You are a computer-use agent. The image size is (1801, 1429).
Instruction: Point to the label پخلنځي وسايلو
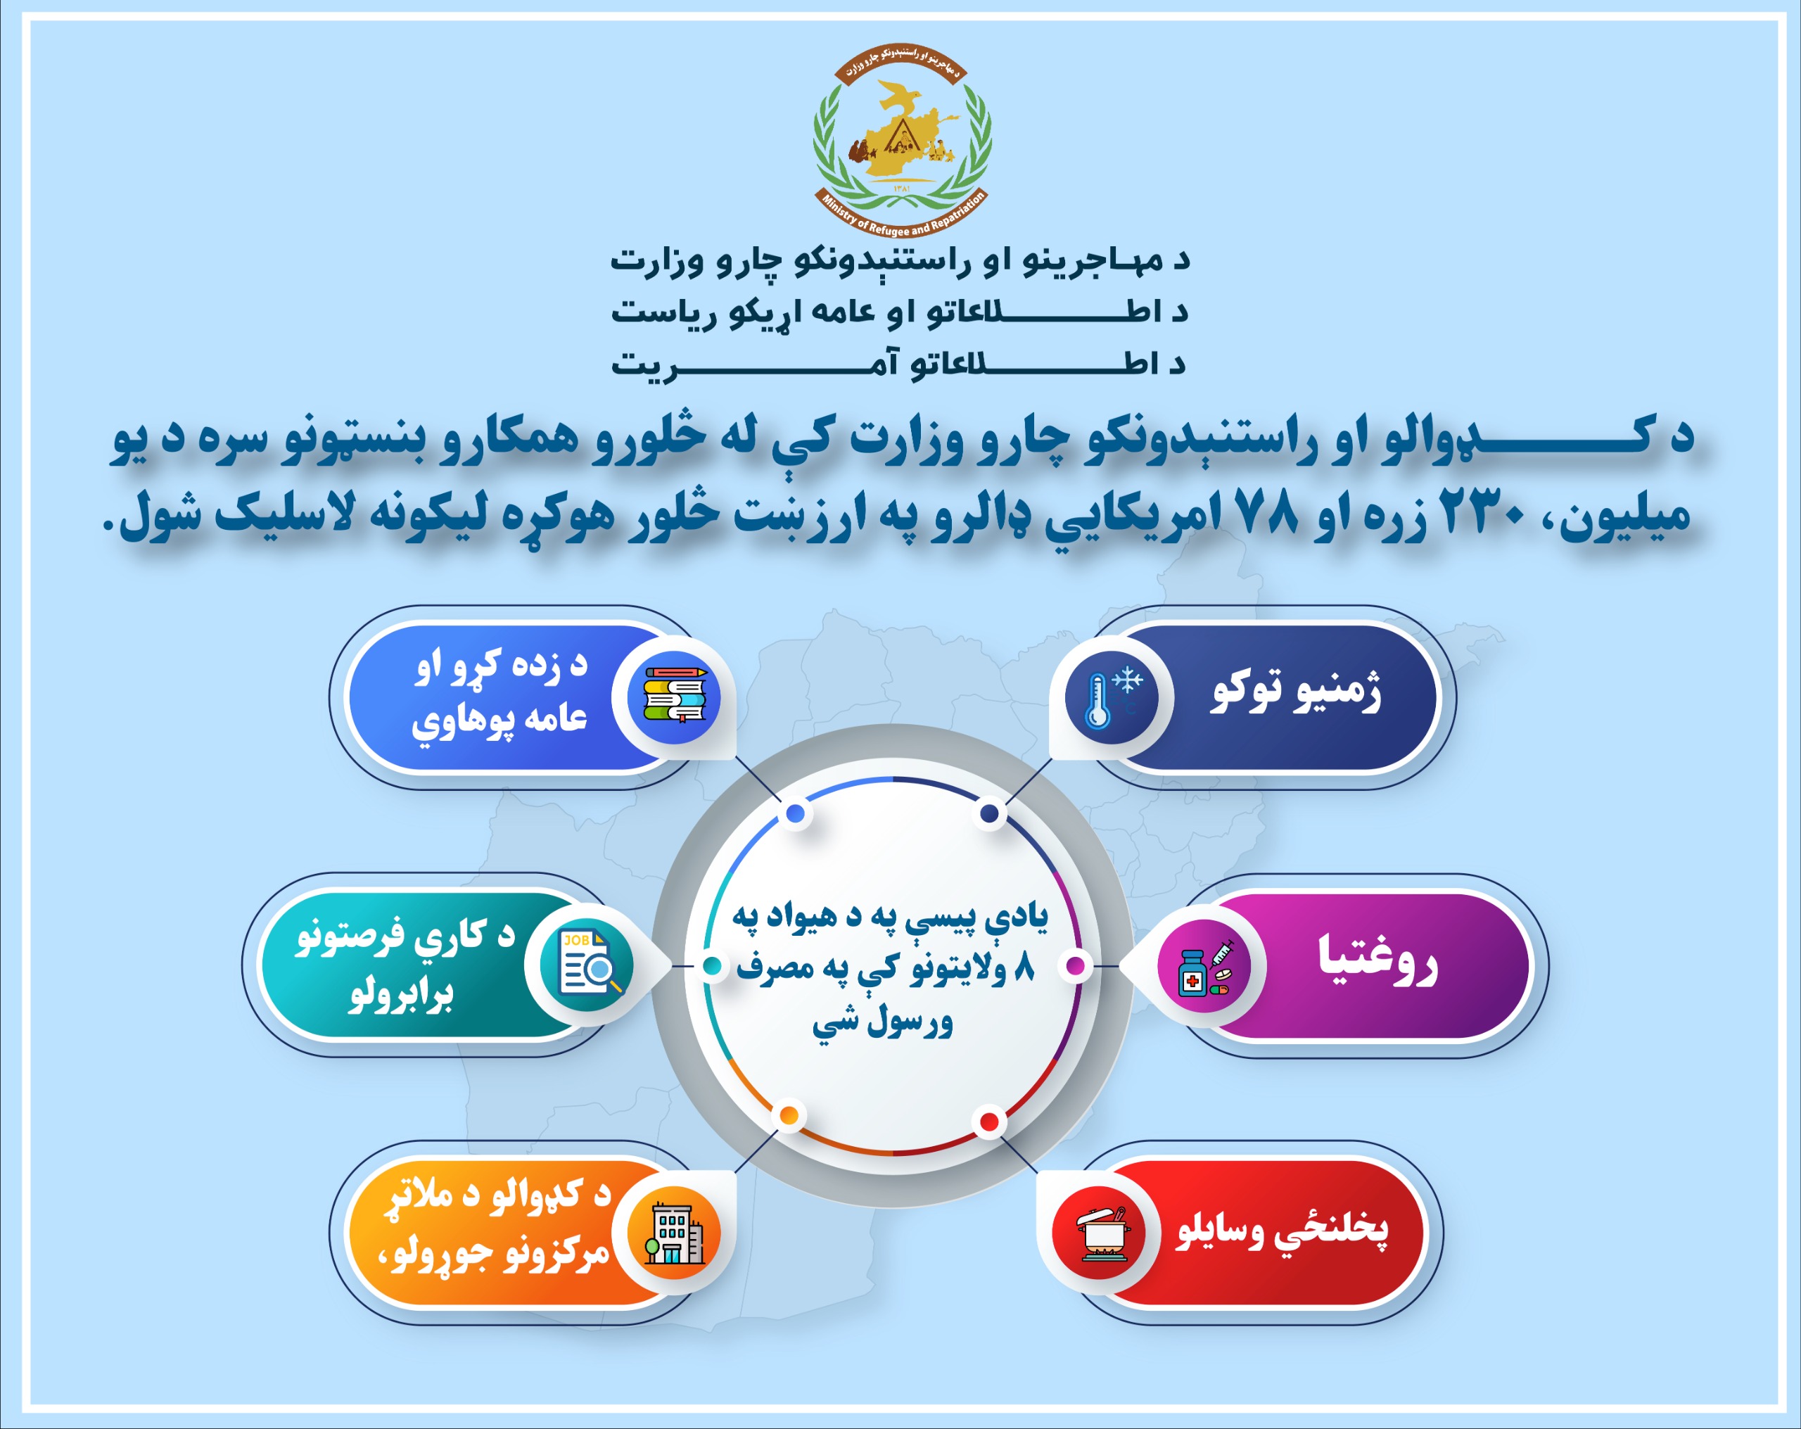1283,1230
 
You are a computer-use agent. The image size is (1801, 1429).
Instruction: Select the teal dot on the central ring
712,966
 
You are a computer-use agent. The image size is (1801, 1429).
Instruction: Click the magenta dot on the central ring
1076,966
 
